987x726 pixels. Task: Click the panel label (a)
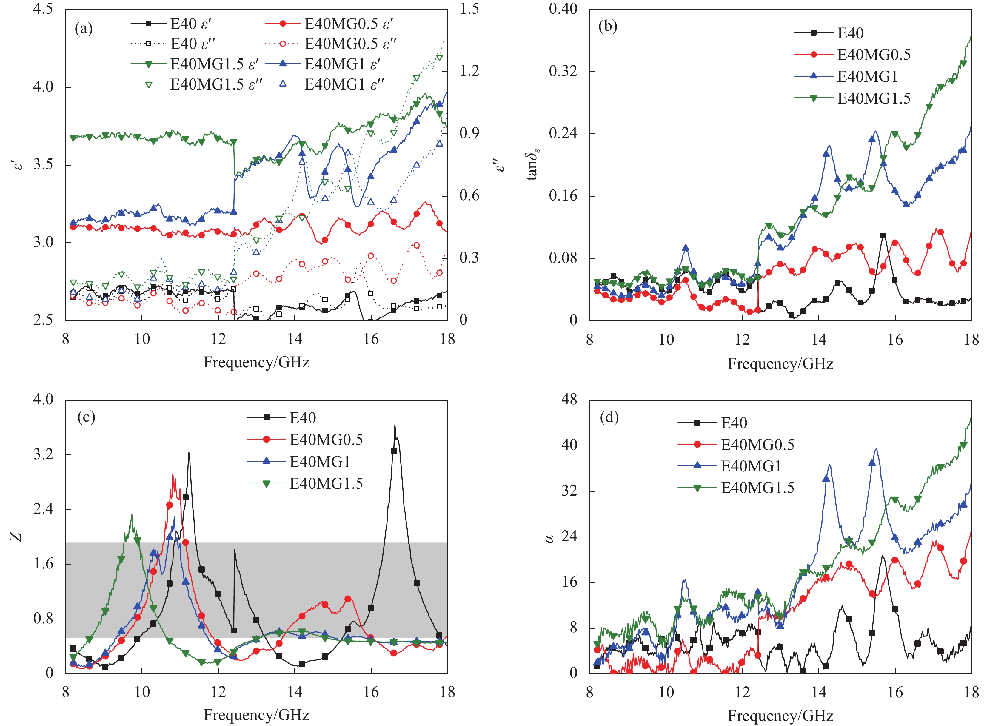(84, 29)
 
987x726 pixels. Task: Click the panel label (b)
(608, 26)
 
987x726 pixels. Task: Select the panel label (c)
(86, 417)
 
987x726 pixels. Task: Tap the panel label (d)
(609, 417)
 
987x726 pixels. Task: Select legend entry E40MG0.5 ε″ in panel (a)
(350, 44)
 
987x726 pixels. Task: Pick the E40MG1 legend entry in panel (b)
(867, 76)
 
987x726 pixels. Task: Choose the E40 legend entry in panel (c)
(302, 417)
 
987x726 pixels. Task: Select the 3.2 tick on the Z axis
(43, 454)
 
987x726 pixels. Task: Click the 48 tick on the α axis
(569, 400)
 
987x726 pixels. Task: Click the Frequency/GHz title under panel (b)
(780, 364)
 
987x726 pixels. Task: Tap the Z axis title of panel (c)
(17, 536)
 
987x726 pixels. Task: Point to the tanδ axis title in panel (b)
(533, 165)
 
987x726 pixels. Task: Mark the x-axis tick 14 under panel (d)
(819, 692)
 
